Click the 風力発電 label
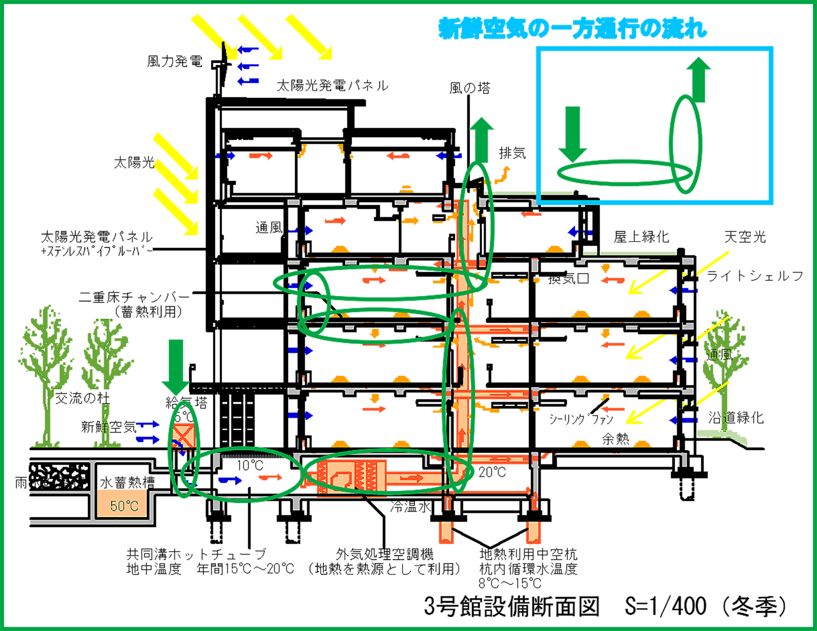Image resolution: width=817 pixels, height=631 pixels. (x=174, y=61)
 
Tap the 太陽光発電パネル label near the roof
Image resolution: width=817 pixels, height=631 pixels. (x=332, y=85)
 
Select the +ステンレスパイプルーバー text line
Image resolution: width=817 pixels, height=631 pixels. (x=96, y=252)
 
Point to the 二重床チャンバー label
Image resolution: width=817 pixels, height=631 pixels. (x=134, y=297)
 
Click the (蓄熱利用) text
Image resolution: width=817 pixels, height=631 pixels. (x=148, y=312)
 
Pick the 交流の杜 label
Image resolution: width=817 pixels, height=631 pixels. (x=82, y=398)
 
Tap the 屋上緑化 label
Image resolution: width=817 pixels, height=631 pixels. (x=641, y=237)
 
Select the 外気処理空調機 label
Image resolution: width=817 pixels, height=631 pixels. (x=385, y=554)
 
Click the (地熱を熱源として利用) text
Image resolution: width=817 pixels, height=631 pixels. (x=385, y=569)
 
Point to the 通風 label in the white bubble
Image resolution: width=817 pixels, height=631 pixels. (x=269, y=228)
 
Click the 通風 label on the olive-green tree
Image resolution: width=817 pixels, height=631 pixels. (x=719, y=355)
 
